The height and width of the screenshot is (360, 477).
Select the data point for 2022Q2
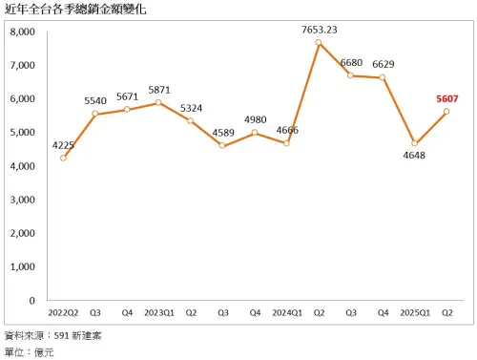pos(62,158)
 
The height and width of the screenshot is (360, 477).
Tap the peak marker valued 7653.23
pos(318,43)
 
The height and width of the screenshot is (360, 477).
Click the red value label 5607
pos(447,97)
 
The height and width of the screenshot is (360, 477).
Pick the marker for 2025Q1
pos(414,143)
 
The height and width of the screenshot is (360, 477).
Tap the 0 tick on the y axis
pos(32,300)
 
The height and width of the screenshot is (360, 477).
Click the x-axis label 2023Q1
pos(158,311)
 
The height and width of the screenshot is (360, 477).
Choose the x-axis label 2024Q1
pos(286,311)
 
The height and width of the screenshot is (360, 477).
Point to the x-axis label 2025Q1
pos(414,311)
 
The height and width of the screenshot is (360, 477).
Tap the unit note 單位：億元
pos(31,352)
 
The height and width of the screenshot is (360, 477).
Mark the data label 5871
pos(158,90)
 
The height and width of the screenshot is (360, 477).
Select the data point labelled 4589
pos(222,145)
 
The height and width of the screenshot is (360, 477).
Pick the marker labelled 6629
pos(383,77)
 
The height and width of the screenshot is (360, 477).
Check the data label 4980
pos(254,119)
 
